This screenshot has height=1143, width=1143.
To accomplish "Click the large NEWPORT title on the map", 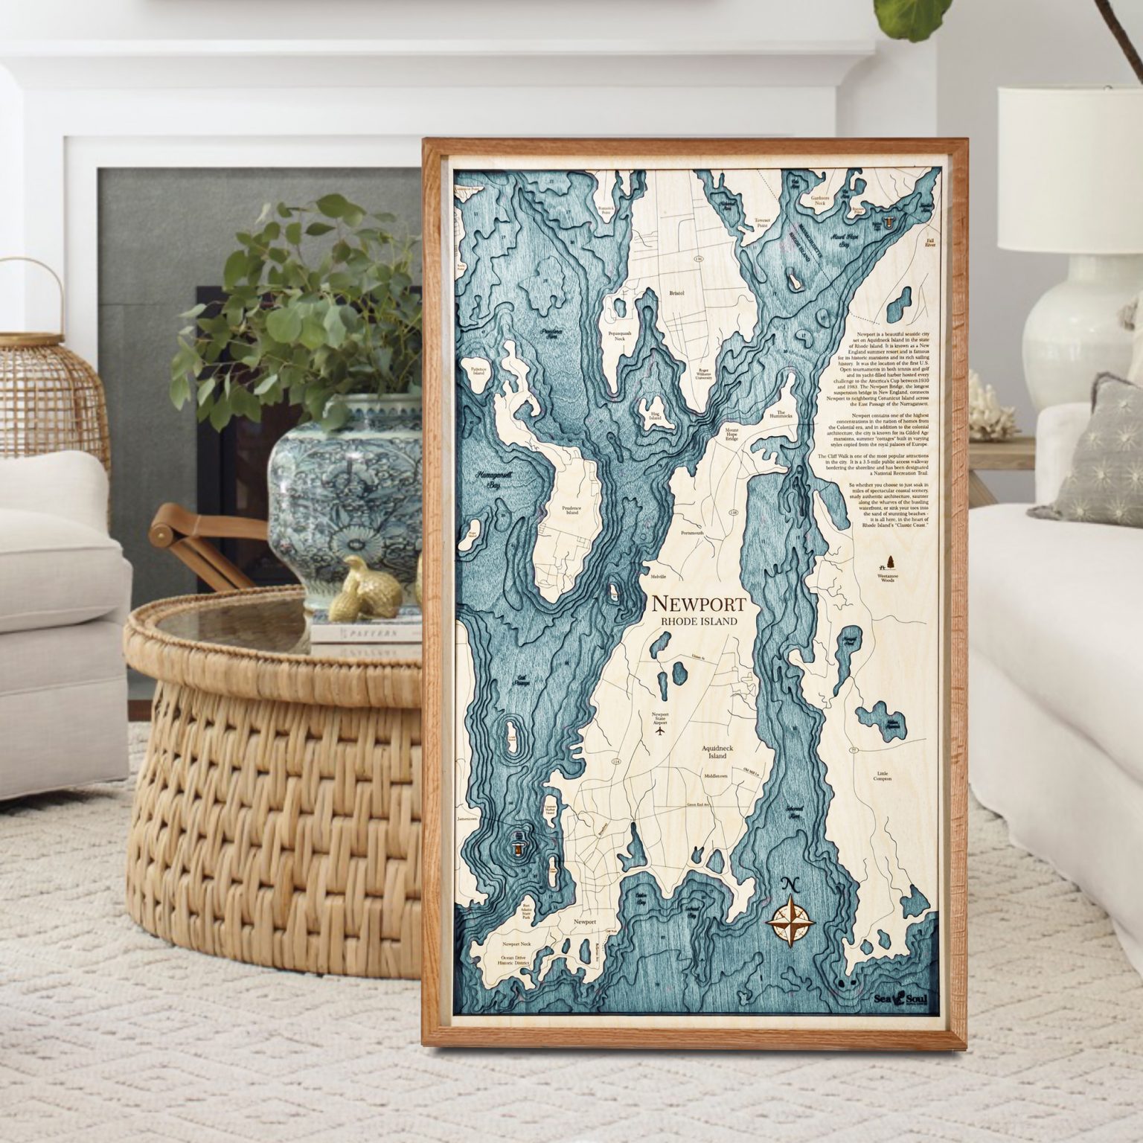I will click(694, 603).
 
